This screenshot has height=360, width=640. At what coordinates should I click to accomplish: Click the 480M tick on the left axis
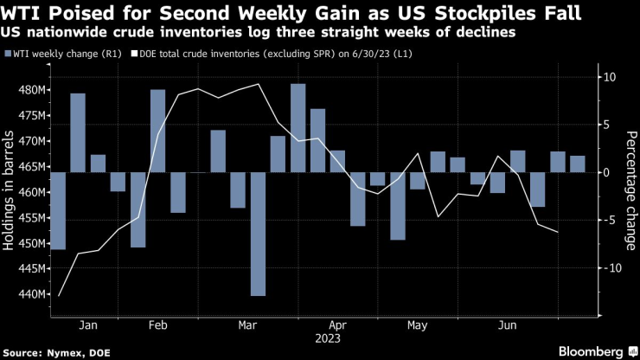pos(32,90)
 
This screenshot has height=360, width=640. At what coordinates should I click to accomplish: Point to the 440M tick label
pos(32,294)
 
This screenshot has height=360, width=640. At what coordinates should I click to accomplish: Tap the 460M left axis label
pos(32,192)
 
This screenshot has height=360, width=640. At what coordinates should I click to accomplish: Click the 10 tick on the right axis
pos(609,77)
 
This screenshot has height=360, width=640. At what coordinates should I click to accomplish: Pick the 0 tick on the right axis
pos(605,172)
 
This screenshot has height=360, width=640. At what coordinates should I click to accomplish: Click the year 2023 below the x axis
pos(326,338)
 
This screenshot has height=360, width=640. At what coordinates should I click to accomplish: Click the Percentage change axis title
pos(630,177)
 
